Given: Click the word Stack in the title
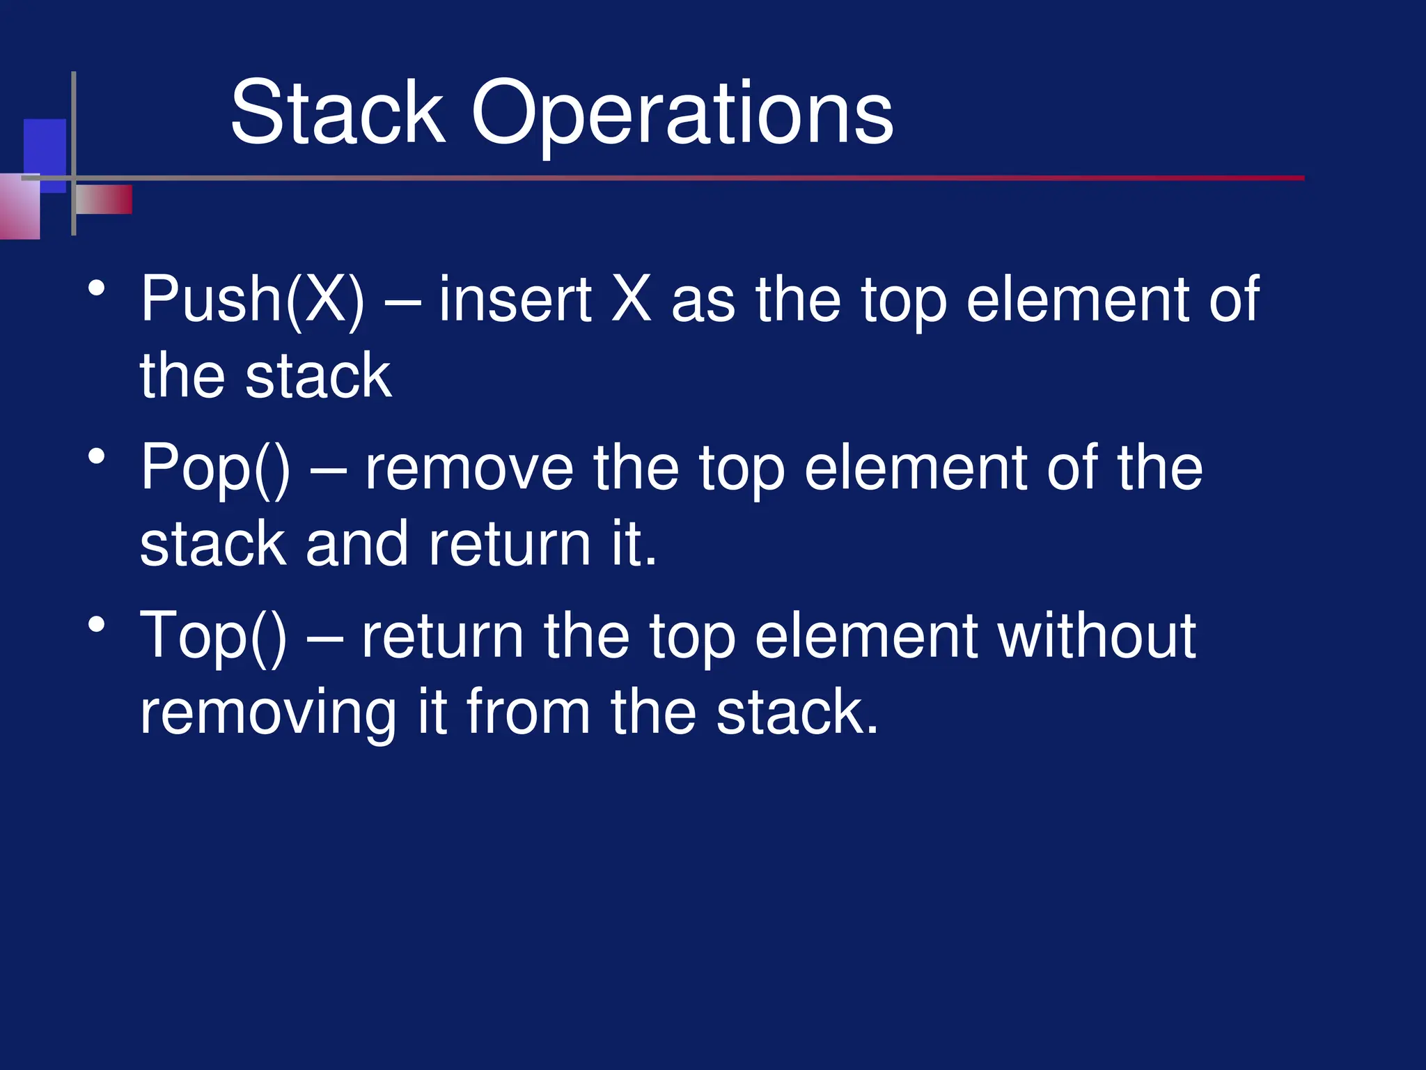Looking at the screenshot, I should [337, 113].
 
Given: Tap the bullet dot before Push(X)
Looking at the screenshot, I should [97, 288].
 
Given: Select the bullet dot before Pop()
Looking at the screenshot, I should [97, 457].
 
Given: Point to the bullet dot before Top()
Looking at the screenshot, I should [97, 625].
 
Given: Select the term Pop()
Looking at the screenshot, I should [215, 469].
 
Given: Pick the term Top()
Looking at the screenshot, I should [213, 636].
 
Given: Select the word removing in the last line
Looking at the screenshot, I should [268, 713].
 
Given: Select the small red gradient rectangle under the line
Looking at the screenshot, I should [104, 199].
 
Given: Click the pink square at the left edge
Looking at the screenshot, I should [19, 209].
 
